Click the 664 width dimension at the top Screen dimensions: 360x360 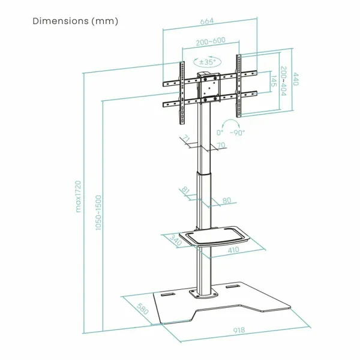coord(207,21)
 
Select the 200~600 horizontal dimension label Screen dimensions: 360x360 coord(211,42)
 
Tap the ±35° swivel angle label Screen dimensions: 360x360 coord(208,62)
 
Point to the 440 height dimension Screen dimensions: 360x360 coord(295,79)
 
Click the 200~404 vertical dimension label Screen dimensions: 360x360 coord(284,81)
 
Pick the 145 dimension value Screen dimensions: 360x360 coord(274,81)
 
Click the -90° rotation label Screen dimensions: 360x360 coord(238,133)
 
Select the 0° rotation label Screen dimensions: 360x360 coord(220,133)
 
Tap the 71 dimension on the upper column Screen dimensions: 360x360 coord(187,139)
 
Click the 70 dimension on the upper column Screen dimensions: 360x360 coord(221,145)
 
